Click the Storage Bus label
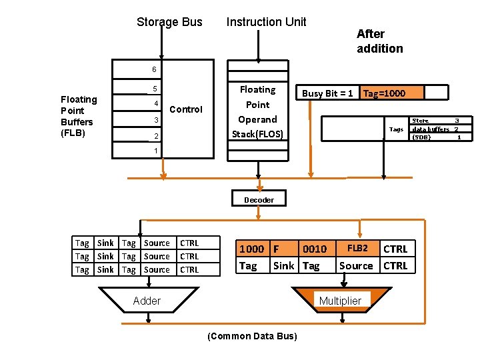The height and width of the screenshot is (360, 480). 169,22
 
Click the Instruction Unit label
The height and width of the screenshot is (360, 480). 266,22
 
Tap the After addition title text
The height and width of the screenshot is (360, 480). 379,41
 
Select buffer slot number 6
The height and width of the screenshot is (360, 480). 154,69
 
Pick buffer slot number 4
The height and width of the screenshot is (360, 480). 154,103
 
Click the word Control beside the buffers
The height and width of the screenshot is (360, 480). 186,109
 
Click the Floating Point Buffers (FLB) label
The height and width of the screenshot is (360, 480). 79,116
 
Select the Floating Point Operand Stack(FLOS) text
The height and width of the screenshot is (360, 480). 257,112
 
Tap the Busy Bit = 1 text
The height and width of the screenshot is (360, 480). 327,93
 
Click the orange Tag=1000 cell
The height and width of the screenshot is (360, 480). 383,93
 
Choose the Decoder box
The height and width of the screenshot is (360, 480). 259,199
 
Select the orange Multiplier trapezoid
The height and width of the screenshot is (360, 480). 340,301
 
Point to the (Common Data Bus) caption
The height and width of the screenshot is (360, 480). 253,336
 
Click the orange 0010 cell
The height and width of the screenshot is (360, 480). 315,249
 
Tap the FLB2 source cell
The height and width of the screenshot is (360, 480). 357,248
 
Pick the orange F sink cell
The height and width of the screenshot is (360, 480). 284,249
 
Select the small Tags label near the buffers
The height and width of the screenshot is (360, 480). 396,129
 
